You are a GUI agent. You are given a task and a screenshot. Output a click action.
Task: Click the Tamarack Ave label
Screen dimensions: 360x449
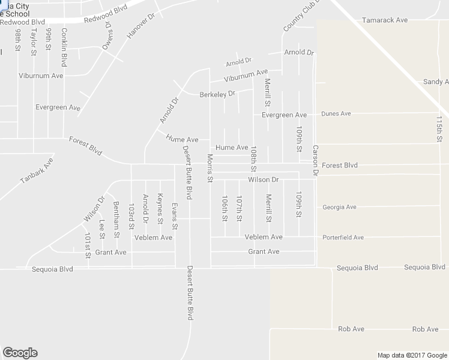(x=385, y=20)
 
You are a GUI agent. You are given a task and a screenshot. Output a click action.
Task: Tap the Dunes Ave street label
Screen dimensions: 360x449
(x=336, y=113)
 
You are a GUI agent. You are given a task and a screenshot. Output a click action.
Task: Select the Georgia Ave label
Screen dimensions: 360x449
(x=339, y=207)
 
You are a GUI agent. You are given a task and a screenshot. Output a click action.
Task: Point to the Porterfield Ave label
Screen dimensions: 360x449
(x=343, y=237)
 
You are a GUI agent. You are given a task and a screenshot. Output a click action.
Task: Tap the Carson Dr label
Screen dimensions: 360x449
(x=315, y=160)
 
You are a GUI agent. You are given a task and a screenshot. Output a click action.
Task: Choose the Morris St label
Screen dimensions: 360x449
(x=210, y=164)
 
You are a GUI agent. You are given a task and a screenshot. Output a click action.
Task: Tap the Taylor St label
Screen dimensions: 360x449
(x=34, y=40)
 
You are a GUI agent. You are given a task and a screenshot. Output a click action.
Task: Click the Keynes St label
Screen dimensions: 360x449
(x=160, y=208)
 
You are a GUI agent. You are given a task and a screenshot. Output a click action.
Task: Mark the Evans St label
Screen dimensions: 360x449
(x=175, y=216)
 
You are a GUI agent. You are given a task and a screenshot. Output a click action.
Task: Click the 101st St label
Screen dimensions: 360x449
(x=88, y=245)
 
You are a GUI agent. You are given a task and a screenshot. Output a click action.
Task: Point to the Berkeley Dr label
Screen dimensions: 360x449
(x=217, y=94)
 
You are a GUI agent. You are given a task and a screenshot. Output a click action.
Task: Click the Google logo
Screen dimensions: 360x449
(x=20, y=353)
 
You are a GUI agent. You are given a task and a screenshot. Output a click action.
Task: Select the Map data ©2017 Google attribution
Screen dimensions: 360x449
(x=412, y=355)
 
